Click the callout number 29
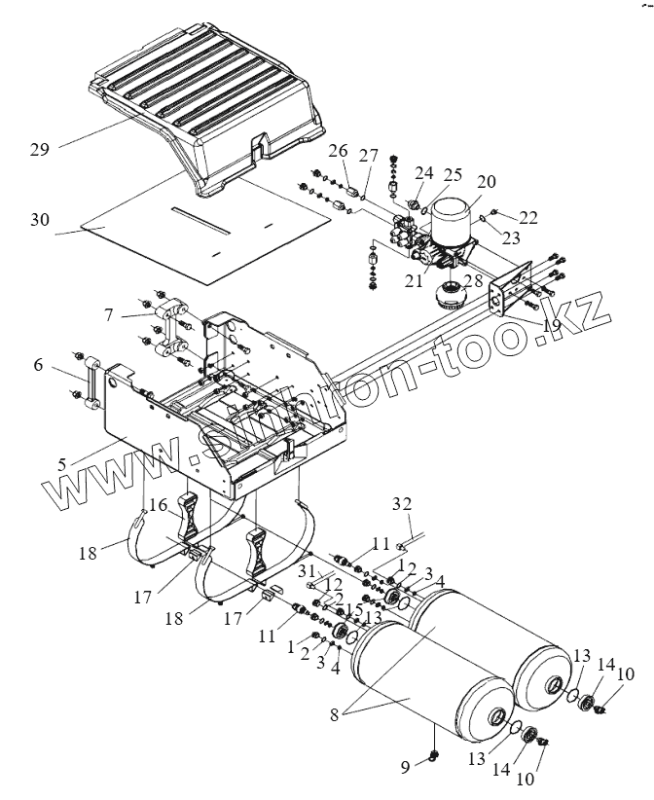point(39,149)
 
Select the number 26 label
point(337,151)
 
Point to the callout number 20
point(486,182)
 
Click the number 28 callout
point(475,280)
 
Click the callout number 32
point(403,504)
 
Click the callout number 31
point(307,570)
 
